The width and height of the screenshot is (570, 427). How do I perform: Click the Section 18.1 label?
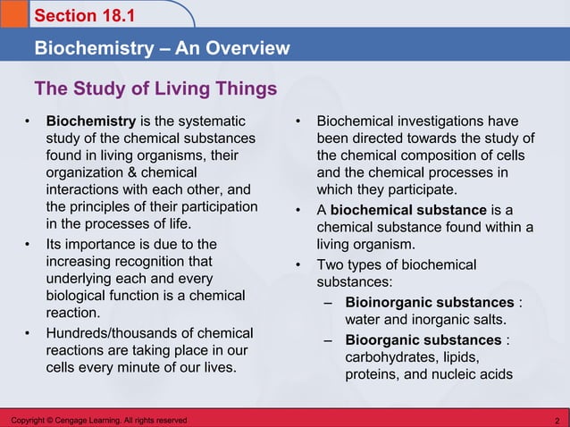click(77, 16)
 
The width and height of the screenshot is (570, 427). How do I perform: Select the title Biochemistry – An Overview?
click(162, 47)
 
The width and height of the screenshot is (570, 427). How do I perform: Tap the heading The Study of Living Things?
click(155, 89)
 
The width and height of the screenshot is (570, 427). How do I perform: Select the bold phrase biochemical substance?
click(408, 209)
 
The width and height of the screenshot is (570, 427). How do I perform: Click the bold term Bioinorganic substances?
click(429, 302)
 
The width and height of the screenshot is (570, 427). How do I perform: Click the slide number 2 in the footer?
click(557, 420)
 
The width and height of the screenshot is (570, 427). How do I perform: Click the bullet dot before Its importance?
click(29, 244)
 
